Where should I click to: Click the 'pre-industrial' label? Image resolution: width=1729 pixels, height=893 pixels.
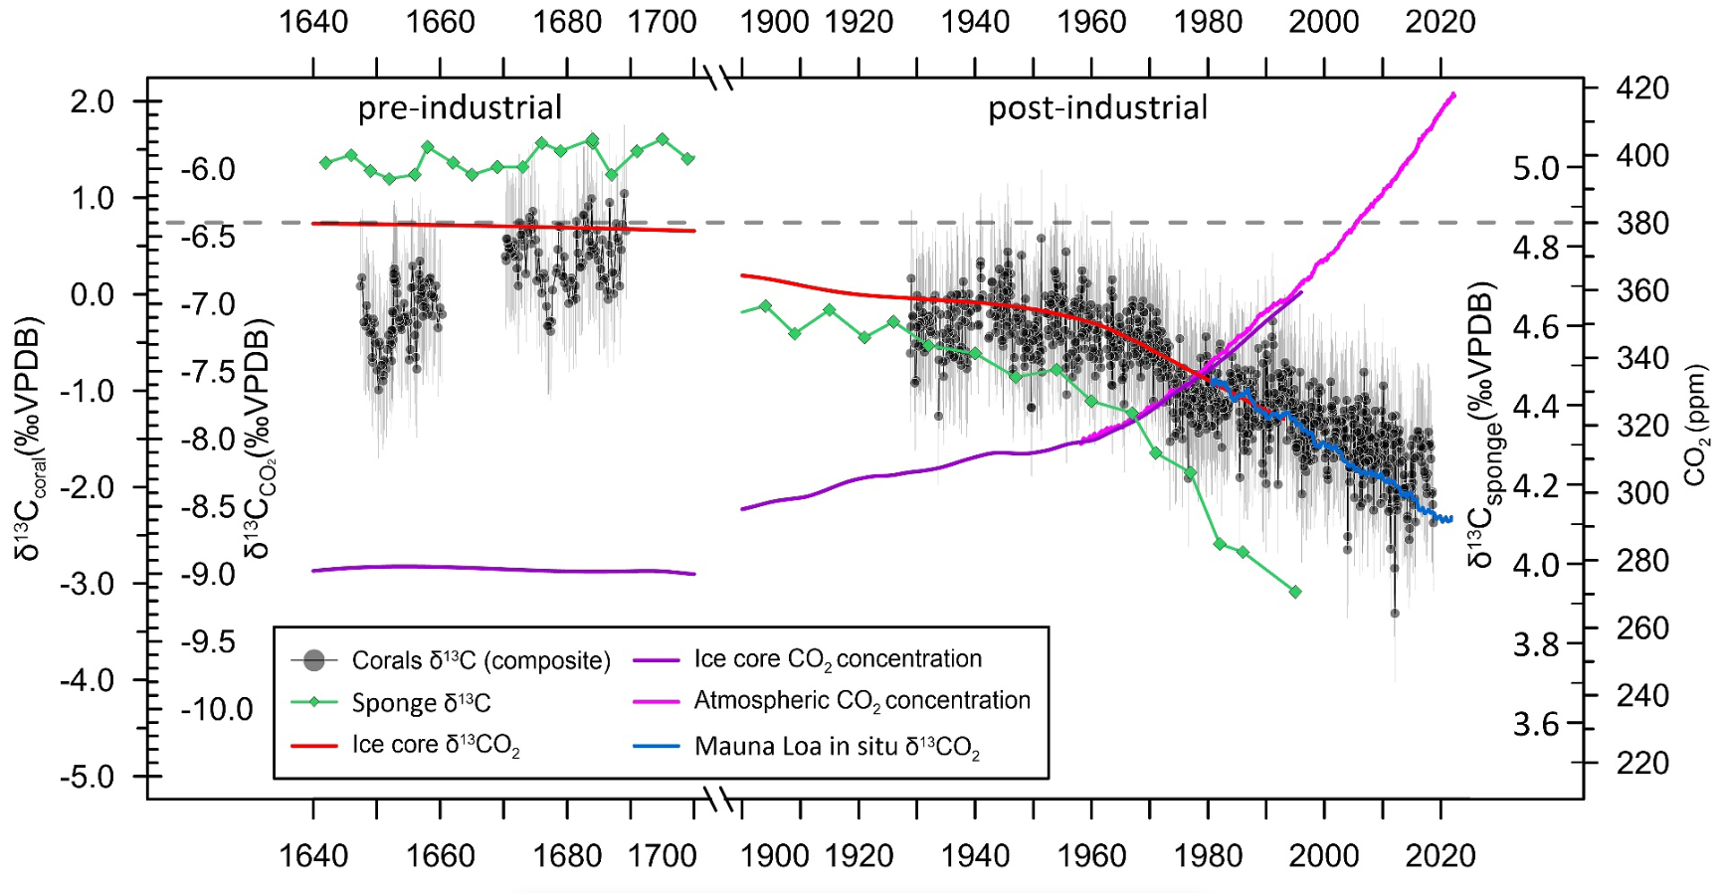[460, 107]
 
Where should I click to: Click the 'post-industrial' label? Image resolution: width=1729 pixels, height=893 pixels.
[1097, 107]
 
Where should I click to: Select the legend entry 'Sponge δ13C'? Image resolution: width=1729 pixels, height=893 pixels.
[421, 703]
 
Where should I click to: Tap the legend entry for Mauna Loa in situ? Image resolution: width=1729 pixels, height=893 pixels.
[837, 746]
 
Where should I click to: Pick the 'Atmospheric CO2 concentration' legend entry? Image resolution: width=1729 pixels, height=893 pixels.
[862, 701]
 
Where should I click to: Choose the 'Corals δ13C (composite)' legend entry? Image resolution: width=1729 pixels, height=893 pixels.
[480, 660]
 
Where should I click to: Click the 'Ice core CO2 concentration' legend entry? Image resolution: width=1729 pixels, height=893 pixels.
[838, 659]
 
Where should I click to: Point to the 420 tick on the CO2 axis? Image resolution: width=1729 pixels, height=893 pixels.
[1642, 88]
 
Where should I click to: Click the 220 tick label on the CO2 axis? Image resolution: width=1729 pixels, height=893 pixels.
[1642, 763]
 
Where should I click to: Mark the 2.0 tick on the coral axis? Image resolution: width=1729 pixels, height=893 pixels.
[92, 101]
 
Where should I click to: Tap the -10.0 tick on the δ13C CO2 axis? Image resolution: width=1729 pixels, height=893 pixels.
[217, 709]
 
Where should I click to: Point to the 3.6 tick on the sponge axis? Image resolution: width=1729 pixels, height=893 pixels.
[1536, 724]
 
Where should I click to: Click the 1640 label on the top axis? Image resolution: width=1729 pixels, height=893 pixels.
[313, 22]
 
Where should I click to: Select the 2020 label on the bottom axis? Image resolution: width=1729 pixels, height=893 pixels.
[1440, 855]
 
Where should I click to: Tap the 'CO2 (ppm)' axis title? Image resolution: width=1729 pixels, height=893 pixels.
[1695, 425]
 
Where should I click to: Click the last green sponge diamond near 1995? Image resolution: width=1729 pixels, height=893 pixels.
[1295, 592]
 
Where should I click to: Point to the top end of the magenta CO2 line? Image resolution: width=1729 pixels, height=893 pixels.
[1453, 95]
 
